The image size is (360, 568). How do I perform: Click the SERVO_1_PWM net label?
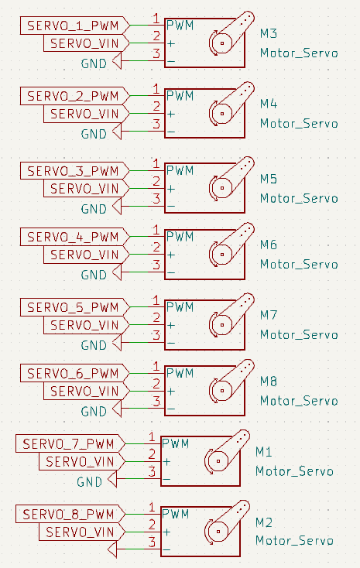pyautogui.click(x=74, y=26)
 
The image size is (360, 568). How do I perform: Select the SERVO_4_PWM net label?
pyautogui.click(x=74, y=237)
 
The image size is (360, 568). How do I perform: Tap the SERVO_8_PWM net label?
pyautogui.click(x=70, y=514)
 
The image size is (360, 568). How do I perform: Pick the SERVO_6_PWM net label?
pyautogui.click(x=74, y=373)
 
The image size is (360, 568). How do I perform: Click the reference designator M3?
pyautogui.click(x=269, y=34)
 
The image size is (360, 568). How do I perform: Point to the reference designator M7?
pyautogui.click(x=269, y=315)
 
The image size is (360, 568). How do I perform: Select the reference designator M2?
pyautogui.click(x=264, y=522)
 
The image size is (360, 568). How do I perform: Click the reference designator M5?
pyautogui.click(x=269, y=179)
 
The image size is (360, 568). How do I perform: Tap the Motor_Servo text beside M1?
pyautogui.click(x=294, y=471)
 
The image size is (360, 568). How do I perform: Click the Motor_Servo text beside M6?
pyautogui.click(x=299, y=265)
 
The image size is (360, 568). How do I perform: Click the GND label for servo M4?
pyautogui.click(x=94, y=134)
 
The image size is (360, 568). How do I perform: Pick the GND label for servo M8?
pyautogui.click(x=94, y=412)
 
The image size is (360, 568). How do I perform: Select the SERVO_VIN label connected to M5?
pyautogui.click(x=86, y=189)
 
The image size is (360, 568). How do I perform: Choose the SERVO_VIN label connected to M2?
pyautogui.click(x=82, y=532)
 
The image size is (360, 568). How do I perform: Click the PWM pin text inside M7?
pyautogui.click(x=180, y=307)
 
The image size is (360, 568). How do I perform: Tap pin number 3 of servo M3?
pyautogui.click(x=156, y=53)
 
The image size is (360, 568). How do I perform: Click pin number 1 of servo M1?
pyautogui.click(x=152, y=437)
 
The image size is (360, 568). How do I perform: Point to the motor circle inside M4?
pyautogui.click(x=222, y=114)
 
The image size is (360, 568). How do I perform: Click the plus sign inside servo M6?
pyautogui.click(x=171, y=255)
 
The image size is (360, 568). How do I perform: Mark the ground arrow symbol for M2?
pyautogui.click(x=112, y=549)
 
